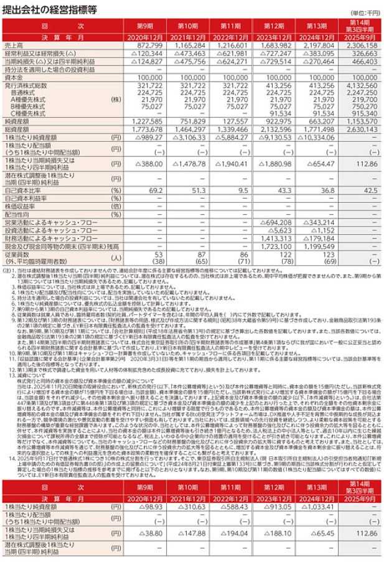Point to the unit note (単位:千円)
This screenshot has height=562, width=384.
[x=367, y=12]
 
